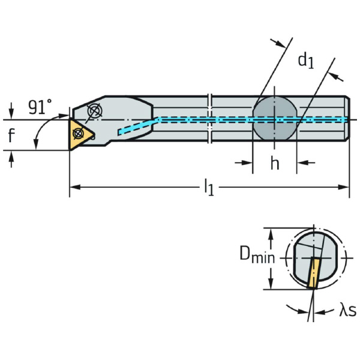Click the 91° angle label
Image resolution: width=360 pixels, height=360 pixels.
(40, 107)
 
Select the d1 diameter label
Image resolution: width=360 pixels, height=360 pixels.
(306, 60)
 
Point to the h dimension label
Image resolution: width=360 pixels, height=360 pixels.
(274, 164)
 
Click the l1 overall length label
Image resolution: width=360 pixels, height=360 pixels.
(208, 188)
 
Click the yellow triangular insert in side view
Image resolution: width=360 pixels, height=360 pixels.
(79, 134)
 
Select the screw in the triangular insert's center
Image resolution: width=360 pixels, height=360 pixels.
(77, 134)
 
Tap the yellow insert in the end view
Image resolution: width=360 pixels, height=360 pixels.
(314, 273)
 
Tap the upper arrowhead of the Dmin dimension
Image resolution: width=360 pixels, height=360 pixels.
(272, 231)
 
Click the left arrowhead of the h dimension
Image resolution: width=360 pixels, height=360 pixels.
(248, 162)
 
